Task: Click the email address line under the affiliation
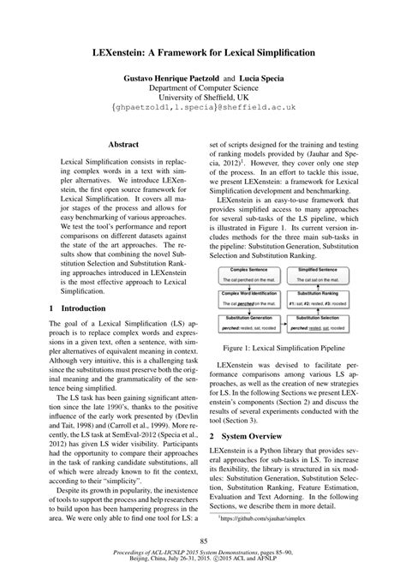click(202, 111)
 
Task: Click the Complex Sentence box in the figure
click(249, 250)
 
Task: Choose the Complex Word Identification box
click(249, 275)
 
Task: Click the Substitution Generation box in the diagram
click(249, 300)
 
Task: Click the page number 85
click(203, 539)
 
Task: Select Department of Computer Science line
click(202, 88)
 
